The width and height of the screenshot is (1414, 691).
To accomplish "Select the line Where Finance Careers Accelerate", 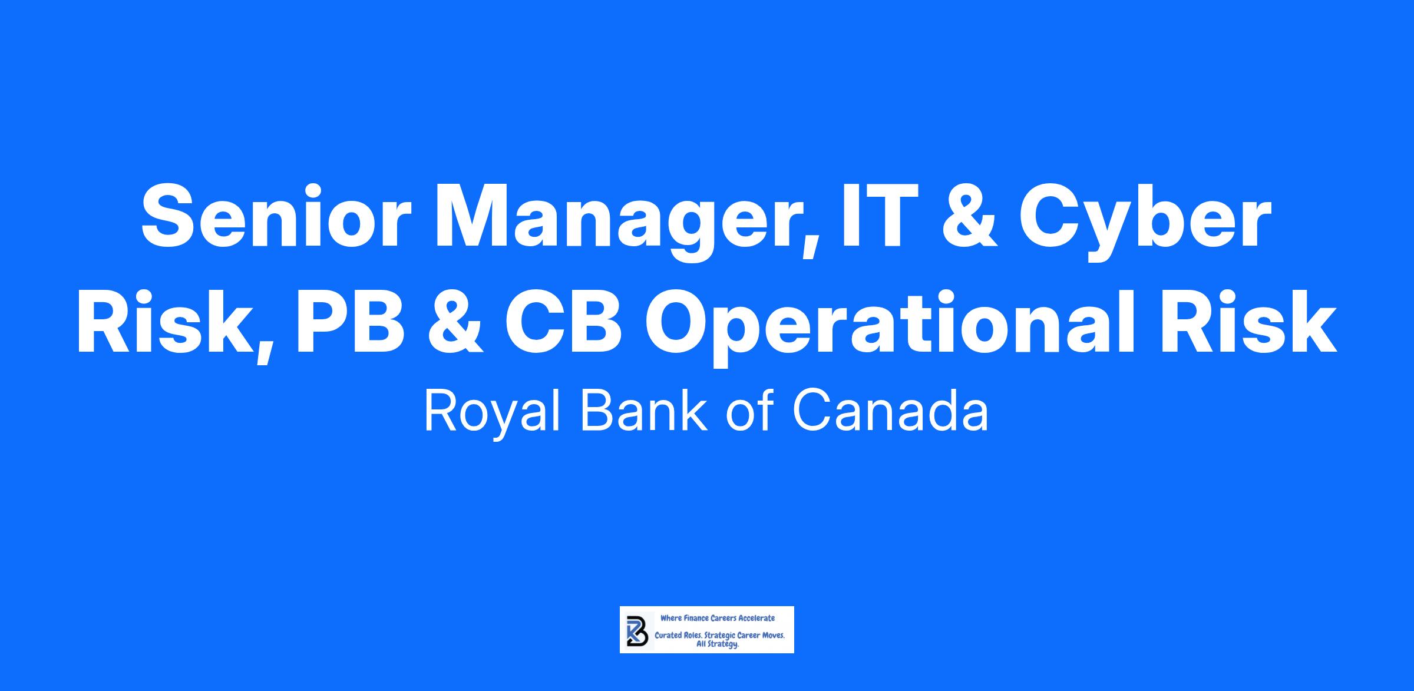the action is (x=718, y=618).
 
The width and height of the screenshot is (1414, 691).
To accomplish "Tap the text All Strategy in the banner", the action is (x=718, y=644).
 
